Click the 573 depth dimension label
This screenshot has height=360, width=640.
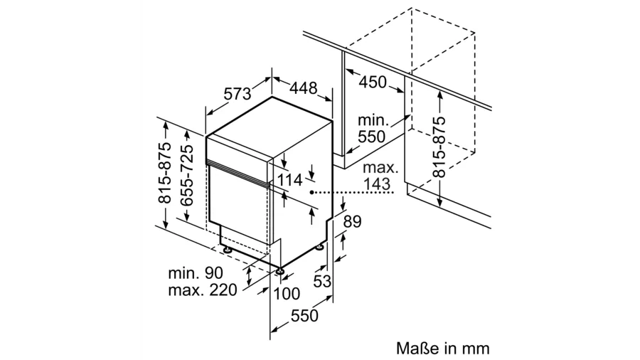pyautogui.click(x=237, y=95)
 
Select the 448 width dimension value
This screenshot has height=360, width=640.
pyautogui.click(x=304, y=88)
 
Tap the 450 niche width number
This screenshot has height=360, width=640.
pyautogui.click(x=373, y=82)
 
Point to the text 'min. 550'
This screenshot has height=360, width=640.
pyautogui.click(x=372, y=129)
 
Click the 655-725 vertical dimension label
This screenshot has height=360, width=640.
pyautogui.click(x=188, y=175)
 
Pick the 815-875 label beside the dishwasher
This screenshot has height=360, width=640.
pyautogui.click(x=164, y=173)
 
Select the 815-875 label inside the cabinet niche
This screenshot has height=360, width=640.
pyautogui.click(x=439, y=147)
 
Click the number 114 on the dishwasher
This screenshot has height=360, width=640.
pyautogui.click(x=289, y=180)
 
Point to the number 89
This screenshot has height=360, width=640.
pyautogui.click(x=352, y=222)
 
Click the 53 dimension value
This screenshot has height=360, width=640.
pyautogui.click(x=322, y=281)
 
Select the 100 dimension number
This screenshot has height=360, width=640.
pyautogui.click(x=287, y=293)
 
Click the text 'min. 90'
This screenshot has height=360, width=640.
pyautogui.click(x=196, y=273)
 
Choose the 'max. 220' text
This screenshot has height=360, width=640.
pyautogui.click(x=203, y=290)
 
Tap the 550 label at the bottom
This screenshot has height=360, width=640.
pyautogui.click(x=304, y=315)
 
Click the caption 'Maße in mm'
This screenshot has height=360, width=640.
pyautogui.click(x=442, y=349)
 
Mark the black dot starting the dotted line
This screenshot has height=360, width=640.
pyautogui.click(x=312, y=192)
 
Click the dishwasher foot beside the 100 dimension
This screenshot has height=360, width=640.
pyautogui.click(x=280, y=270)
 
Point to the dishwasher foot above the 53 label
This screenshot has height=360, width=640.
pyautogui.click(x=320, y=247)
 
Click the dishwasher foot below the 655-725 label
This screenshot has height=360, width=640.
pyautogui.click(x=227, y=248)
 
